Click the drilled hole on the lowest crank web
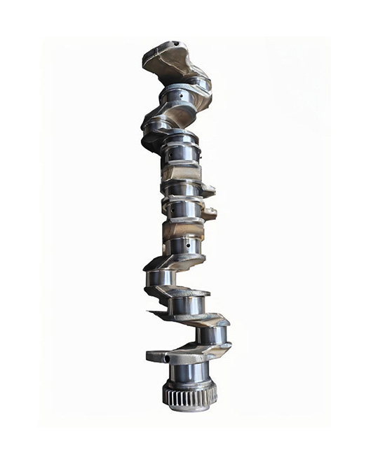click(168, 358)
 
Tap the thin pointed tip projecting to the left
click(149, 311)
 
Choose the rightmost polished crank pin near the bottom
click(211, 336)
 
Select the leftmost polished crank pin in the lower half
click(161, 279)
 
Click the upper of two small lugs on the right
click(208, 190)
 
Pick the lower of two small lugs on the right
click(209, 213)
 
